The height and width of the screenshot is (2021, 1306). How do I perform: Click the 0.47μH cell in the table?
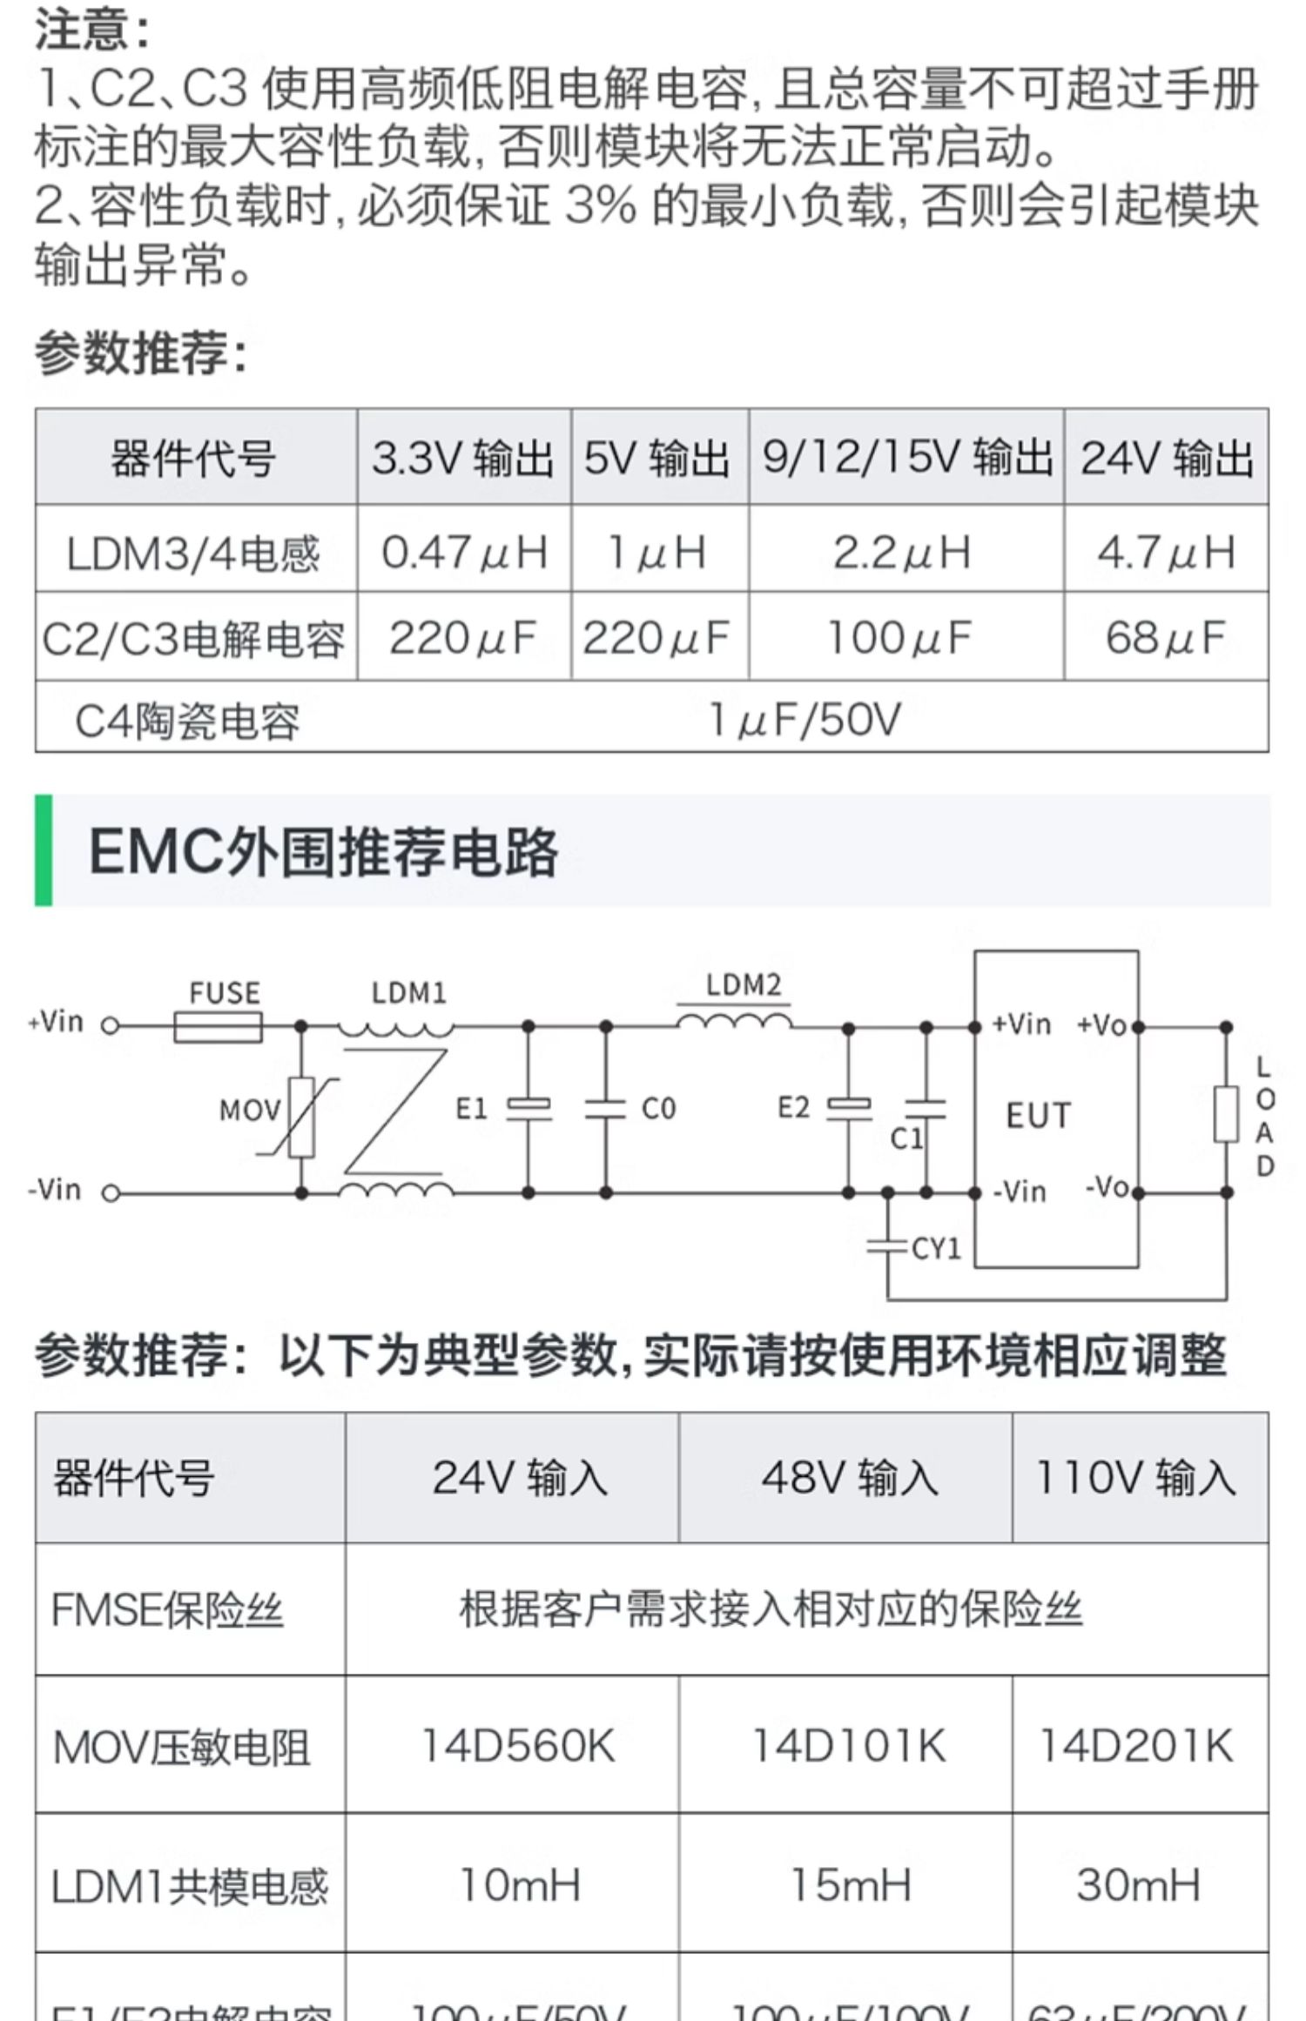point(464,552)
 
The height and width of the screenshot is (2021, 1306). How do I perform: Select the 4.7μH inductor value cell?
point(1166,552)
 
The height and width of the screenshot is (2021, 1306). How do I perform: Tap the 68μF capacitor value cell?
point(1166,638)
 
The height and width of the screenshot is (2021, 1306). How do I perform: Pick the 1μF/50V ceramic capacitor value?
point(804,720)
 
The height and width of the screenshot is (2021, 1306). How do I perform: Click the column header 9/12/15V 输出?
point(906,458)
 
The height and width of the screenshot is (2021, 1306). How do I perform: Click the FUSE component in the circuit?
point(218,1026)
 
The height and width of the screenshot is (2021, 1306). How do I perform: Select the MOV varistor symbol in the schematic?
point(301,1117)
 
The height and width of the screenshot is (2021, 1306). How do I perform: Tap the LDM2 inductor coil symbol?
point(733,1019)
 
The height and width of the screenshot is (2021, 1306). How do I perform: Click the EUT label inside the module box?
point(1038,1115)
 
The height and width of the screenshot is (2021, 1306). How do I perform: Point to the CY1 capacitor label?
point(937,1249)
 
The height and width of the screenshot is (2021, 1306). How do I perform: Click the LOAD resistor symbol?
point(1226,1114)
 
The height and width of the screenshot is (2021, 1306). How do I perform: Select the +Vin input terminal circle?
point(111,1026)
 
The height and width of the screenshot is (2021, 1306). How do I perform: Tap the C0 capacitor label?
point(658,1109)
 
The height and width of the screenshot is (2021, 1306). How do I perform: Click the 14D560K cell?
point(518,1746)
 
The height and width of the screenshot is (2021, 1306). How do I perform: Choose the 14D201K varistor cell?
point(1136,1746)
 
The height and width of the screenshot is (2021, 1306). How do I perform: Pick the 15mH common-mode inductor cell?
point(850,1885)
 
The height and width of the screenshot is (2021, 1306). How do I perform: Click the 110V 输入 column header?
point(1136,1478)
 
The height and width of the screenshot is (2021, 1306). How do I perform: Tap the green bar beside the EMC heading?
point(44,850)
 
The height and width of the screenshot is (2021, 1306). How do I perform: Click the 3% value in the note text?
point(600,206)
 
